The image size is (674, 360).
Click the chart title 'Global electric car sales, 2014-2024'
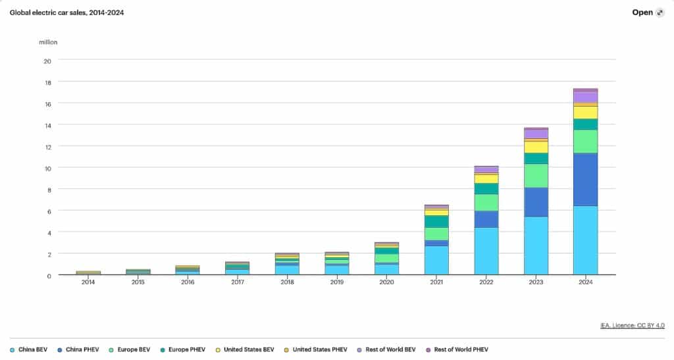[x=66, y=13]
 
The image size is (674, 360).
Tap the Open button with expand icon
[x=648, y=13]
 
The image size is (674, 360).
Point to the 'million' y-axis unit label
[x=48, y=42]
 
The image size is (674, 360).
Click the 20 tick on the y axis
[x=47, y=61]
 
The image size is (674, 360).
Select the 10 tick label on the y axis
[x=47, y=168]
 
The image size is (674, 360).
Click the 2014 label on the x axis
[x=88, y=282]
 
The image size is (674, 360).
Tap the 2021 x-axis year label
[x=436, y=282]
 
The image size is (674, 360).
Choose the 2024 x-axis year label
[x=585, y=282]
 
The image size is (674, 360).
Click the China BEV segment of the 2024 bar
[x=585, y=240]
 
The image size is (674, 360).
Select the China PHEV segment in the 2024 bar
[x=585, y=180]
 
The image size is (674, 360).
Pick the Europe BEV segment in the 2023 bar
[x=536, y=176]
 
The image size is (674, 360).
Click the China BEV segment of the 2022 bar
[x=486, y=251]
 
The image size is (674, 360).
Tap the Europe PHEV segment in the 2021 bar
[x=436, y=221]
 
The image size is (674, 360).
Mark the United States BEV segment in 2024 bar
[x=585, y=113]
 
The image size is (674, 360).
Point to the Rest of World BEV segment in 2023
[x=536, y=134]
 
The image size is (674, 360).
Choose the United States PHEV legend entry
[x=315, y=349]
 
